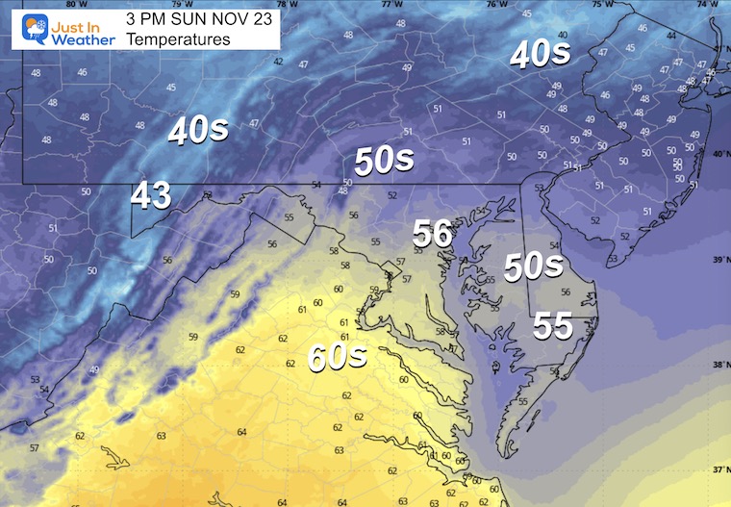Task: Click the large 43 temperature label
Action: pos(151,195)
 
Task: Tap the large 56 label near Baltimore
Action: pos(433,234)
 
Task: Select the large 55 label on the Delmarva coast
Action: pos(553,327)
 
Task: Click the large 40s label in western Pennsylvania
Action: pos(197,130)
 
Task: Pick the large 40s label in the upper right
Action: pos(541,54)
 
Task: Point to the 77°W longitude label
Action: pos(391,4)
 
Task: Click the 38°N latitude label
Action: pos(720,366)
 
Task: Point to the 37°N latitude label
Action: pos(720,471)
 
